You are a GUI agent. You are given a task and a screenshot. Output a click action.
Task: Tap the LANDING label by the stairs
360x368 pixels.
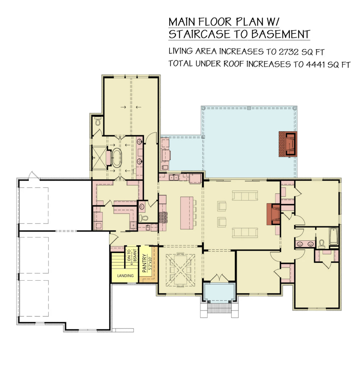click(x=125, y=276)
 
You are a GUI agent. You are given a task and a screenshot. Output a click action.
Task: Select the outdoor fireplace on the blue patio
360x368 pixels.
click(x=288, y=144)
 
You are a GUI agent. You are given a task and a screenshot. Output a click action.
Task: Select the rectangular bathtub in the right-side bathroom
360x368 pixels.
click(x=334, y=236)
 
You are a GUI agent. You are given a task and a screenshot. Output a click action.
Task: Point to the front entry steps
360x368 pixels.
click(x=219, y=308)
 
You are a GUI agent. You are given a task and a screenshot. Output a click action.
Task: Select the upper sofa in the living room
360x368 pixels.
click(x=245, y=195)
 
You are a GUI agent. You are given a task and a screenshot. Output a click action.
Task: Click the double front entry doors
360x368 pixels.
click(x=219, y=279)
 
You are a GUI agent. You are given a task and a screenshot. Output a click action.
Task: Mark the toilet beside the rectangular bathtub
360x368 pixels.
click(x=322, y=244)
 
